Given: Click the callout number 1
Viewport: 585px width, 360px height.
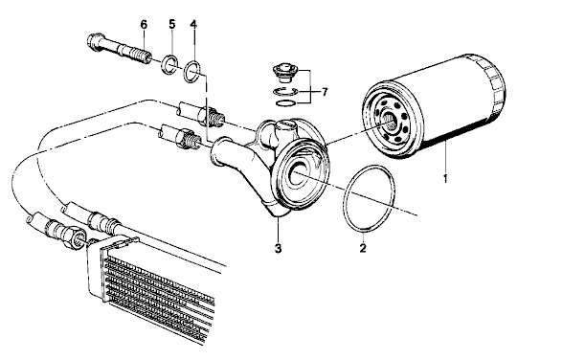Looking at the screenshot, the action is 444,178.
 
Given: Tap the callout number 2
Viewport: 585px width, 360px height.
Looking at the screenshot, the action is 363,247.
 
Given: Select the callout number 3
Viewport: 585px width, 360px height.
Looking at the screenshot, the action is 278,248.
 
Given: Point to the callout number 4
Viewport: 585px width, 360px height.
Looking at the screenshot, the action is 192,24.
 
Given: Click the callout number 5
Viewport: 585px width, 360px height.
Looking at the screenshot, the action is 171,24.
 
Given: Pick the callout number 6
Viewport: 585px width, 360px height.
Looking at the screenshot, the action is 144,24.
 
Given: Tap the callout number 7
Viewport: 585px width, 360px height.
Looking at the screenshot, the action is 325,91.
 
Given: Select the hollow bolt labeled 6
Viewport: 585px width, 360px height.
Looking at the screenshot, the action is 120,49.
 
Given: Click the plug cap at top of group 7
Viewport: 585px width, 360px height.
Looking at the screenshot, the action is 284,74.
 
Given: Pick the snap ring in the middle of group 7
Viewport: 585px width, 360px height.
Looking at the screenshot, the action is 284,93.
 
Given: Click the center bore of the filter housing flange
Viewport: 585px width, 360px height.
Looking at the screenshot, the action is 298,173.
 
